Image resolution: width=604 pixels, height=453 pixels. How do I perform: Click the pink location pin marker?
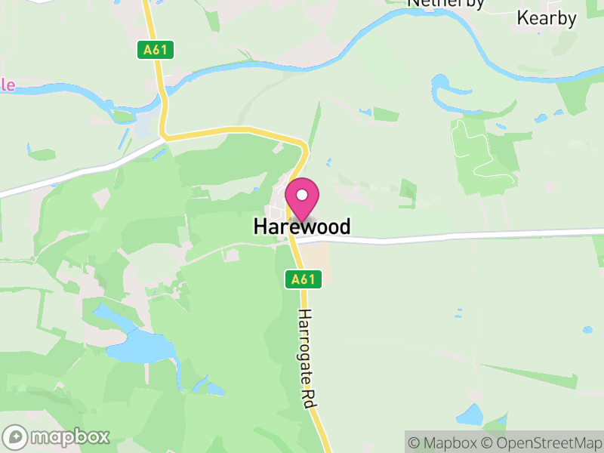point(302,200)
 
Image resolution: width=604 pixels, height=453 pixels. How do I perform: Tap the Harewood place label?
point(302,226)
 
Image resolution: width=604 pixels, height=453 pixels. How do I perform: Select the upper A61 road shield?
point(158,51)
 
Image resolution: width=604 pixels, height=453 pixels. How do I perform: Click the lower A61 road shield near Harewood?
point(304,279)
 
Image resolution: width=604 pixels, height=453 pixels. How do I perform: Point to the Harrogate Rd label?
point(305,359)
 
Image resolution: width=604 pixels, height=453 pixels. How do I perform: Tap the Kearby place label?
point(547,18)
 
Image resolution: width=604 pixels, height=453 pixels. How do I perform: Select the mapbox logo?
point(57,436)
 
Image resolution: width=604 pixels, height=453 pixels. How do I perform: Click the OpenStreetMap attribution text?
point(541,442)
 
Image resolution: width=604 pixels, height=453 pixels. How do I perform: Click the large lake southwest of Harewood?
point(140,346)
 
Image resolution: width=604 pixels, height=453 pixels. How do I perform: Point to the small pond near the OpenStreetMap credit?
point(470,414)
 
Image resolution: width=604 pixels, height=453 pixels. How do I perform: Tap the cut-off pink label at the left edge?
point(7,85)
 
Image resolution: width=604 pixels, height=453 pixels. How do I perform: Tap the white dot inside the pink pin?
point(302,195)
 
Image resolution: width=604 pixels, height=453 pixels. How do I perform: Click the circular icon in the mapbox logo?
point(15,437)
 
